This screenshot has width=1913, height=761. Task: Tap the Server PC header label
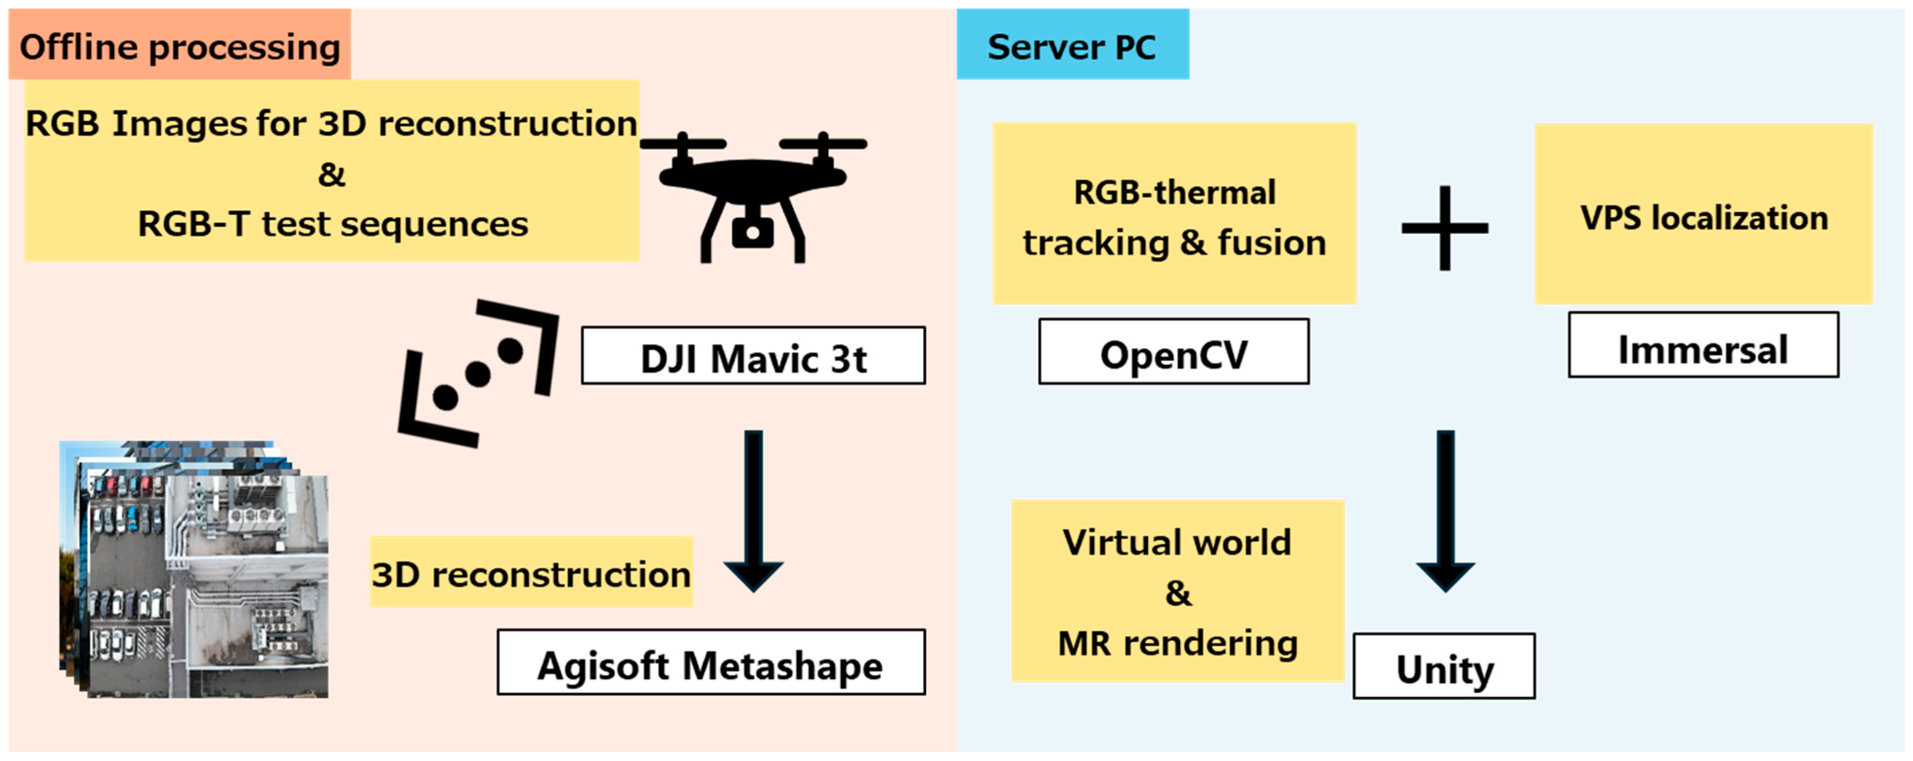1072,46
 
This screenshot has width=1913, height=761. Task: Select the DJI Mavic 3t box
753,356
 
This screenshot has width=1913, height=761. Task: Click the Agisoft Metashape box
711,662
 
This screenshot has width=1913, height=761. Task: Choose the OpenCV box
1173,352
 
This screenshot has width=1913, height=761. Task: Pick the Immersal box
1703,345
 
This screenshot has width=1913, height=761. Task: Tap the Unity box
1444,666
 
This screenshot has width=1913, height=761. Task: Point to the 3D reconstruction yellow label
531,572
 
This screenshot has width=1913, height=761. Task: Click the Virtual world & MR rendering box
1177,591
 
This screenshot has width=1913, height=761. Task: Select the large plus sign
1444,228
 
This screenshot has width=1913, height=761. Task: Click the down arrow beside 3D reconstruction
753,512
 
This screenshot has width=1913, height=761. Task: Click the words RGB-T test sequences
333,223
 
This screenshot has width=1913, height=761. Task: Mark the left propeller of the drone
682,143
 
